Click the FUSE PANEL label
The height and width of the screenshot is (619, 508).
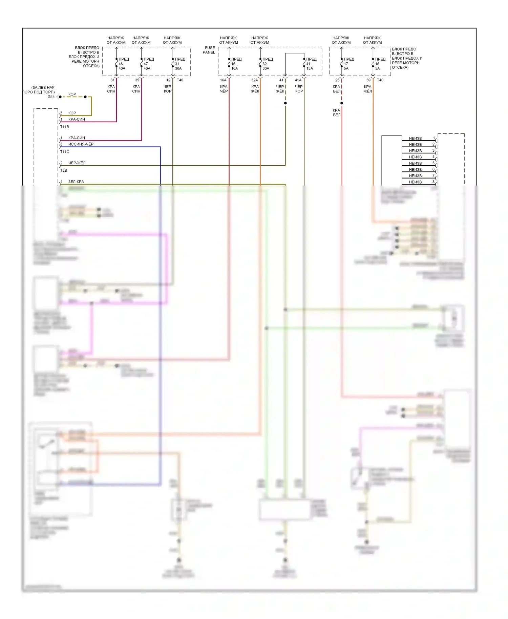click(209, 50)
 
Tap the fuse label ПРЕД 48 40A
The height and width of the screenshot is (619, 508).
click(122, 64)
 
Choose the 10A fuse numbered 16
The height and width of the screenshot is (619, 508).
click(235, 64)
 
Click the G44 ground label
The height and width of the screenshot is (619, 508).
click(51, 97)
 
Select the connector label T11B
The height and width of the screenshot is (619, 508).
click(64, 127)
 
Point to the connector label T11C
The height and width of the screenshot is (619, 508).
click(64, 152)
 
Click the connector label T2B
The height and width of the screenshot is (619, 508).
click(64, 171)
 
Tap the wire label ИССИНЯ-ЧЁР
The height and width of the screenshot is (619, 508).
click(81, 144)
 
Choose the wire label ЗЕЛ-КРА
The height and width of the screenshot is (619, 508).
click(76, 182)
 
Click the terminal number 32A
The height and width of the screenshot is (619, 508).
click(254, 80)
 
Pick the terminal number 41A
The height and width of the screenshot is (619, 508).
click(298, 80)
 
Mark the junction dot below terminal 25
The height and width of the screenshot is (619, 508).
click(342, 103)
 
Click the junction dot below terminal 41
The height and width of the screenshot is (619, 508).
click(285, 103)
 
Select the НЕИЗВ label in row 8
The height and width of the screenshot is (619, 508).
click(415, 182)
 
